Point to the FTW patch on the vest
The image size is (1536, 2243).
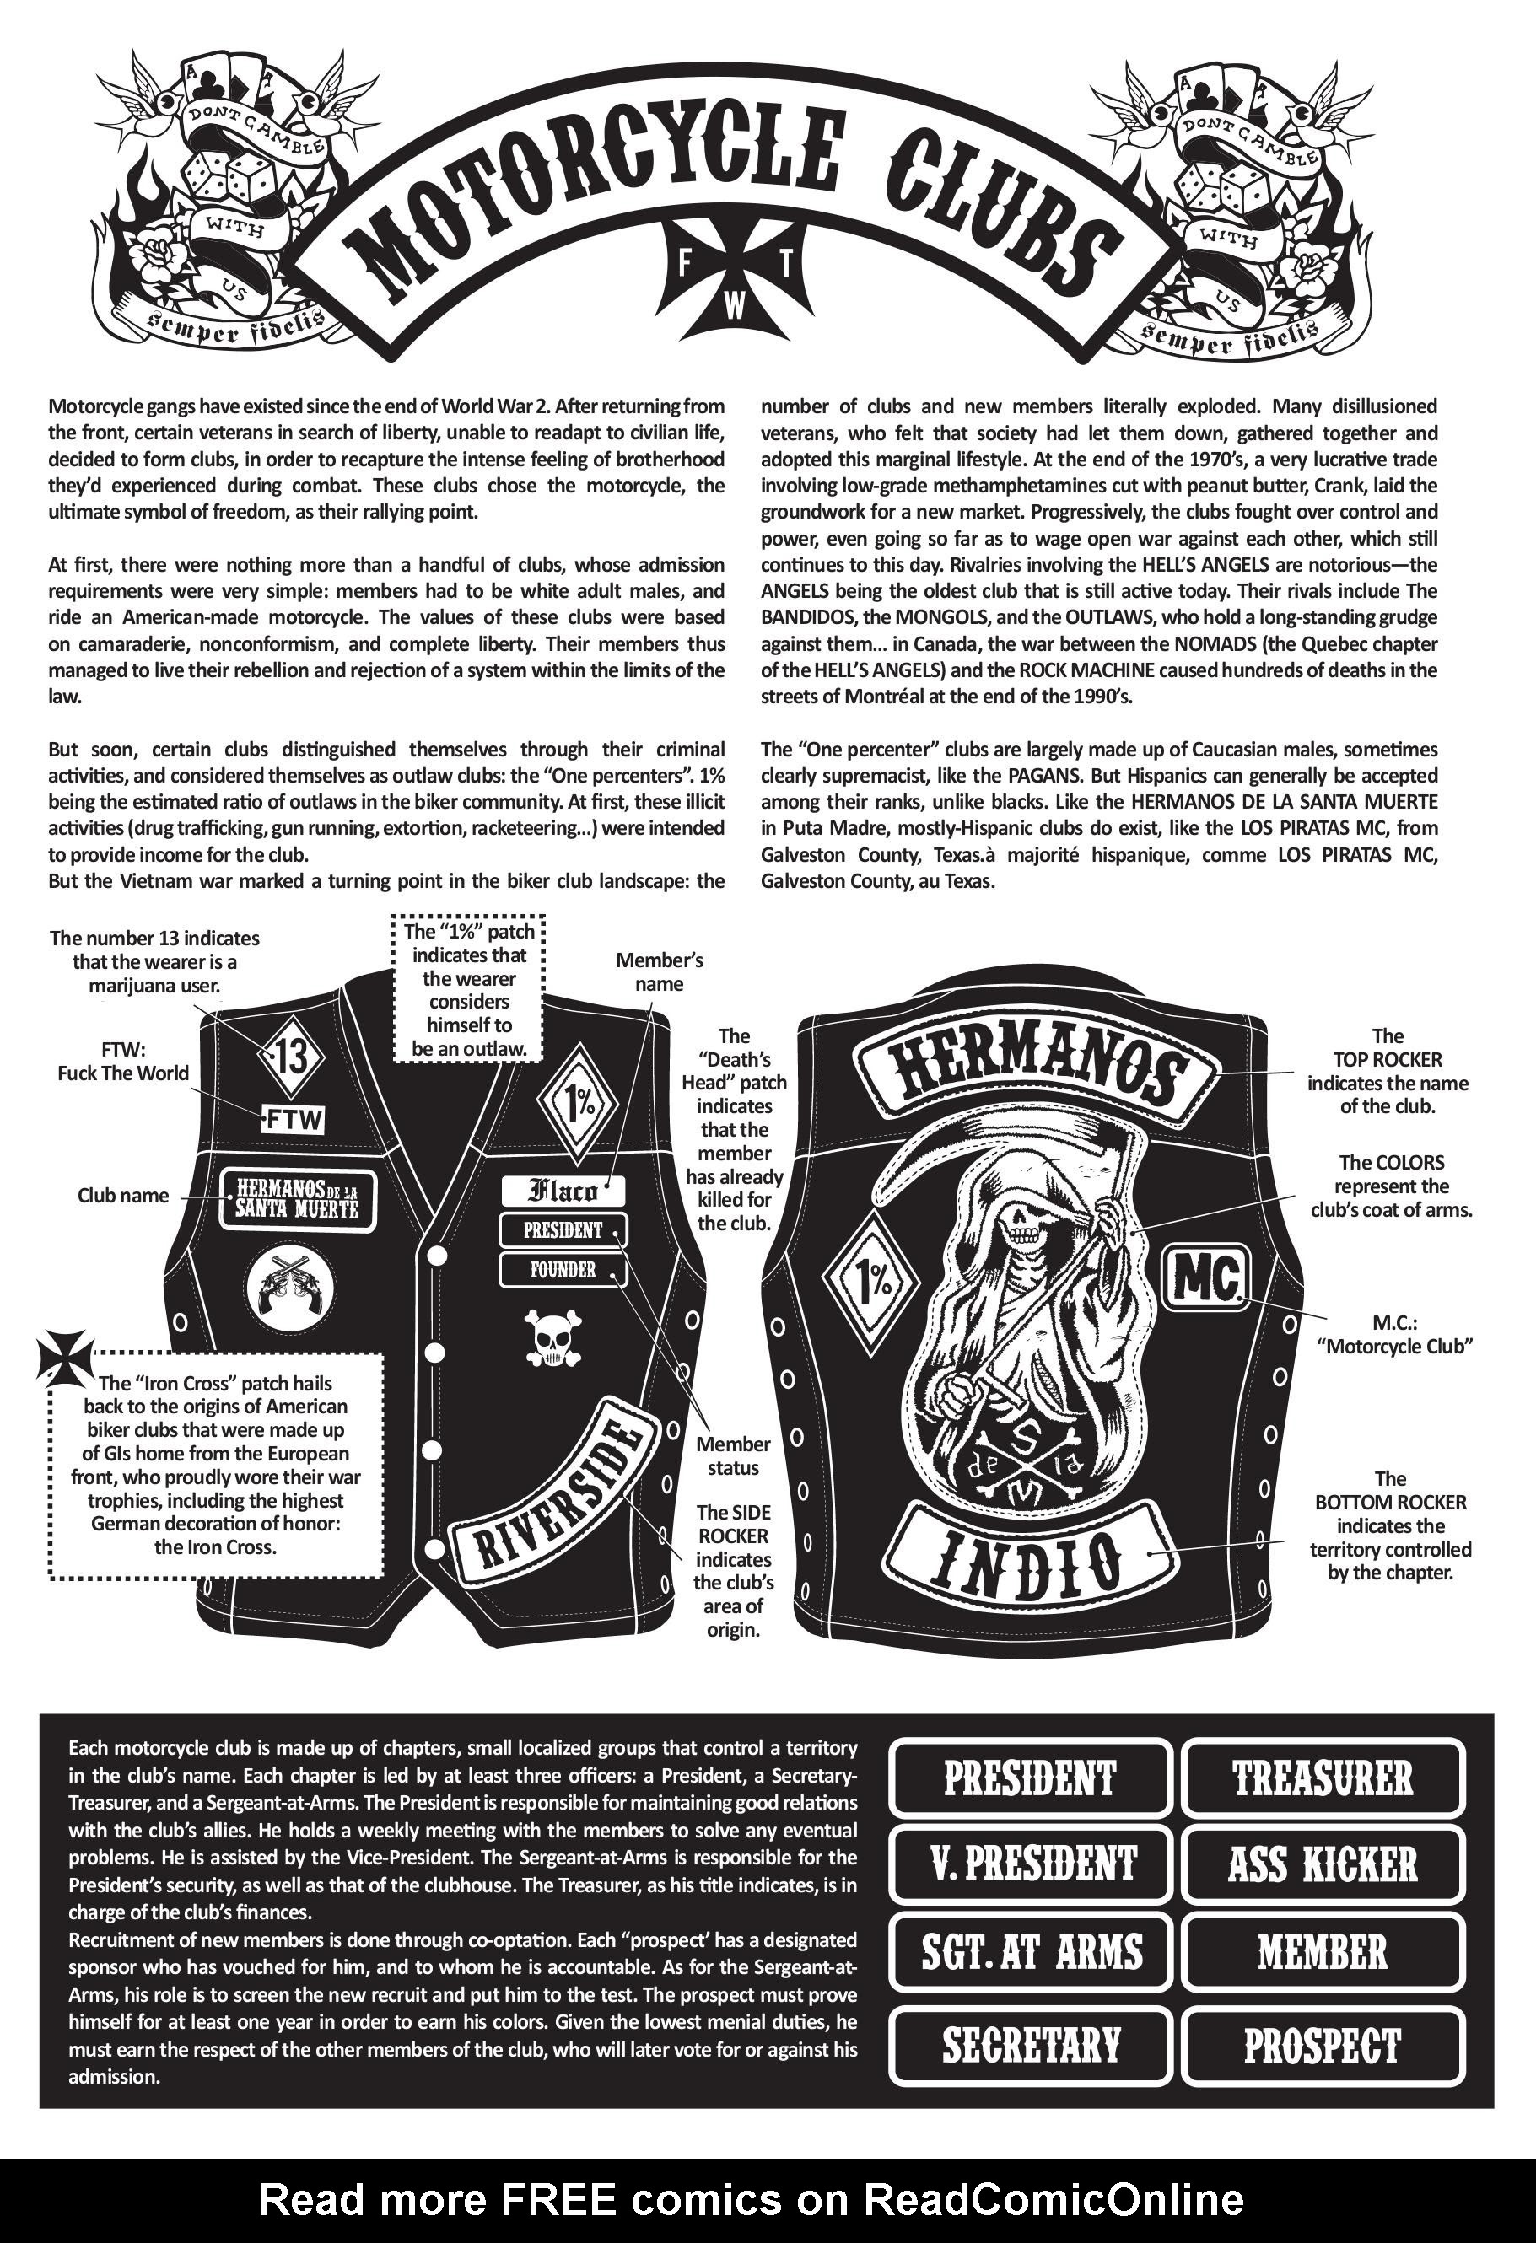tap(294, 1120)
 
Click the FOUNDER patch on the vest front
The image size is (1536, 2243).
tap(562, 1270)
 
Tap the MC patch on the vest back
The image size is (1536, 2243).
tap(1207, 1280)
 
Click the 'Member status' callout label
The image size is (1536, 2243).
tap(734, 1456)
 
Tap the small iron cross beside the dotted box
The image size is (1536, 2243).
tap(67, 1356)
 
